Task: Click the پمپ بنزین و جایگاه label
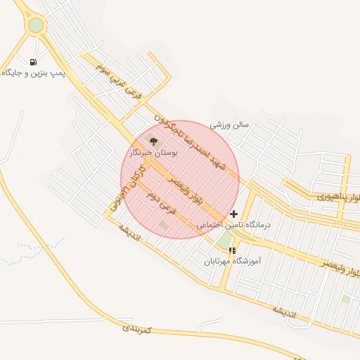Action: click(x=33, y=73)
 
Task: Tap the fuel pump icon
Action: click(x=34, y=61)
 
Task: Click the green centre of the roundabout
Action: click(x=36, y=25)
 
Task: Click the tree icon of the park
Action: click(x=154, y=141)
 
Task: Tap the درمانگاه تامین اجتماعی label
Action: click(x=232, y=225)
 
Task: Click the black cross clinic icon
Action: click(x=234, y=214)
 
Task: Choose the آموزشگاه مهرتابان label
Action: click(x=233, y=261)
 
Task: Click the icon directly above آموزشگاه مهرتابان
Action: click(x=232, y=250)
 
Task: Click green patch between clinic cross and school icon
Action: click(x=224, y=240)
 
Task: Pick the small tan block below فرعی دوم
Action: click(x=164, y=225)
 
